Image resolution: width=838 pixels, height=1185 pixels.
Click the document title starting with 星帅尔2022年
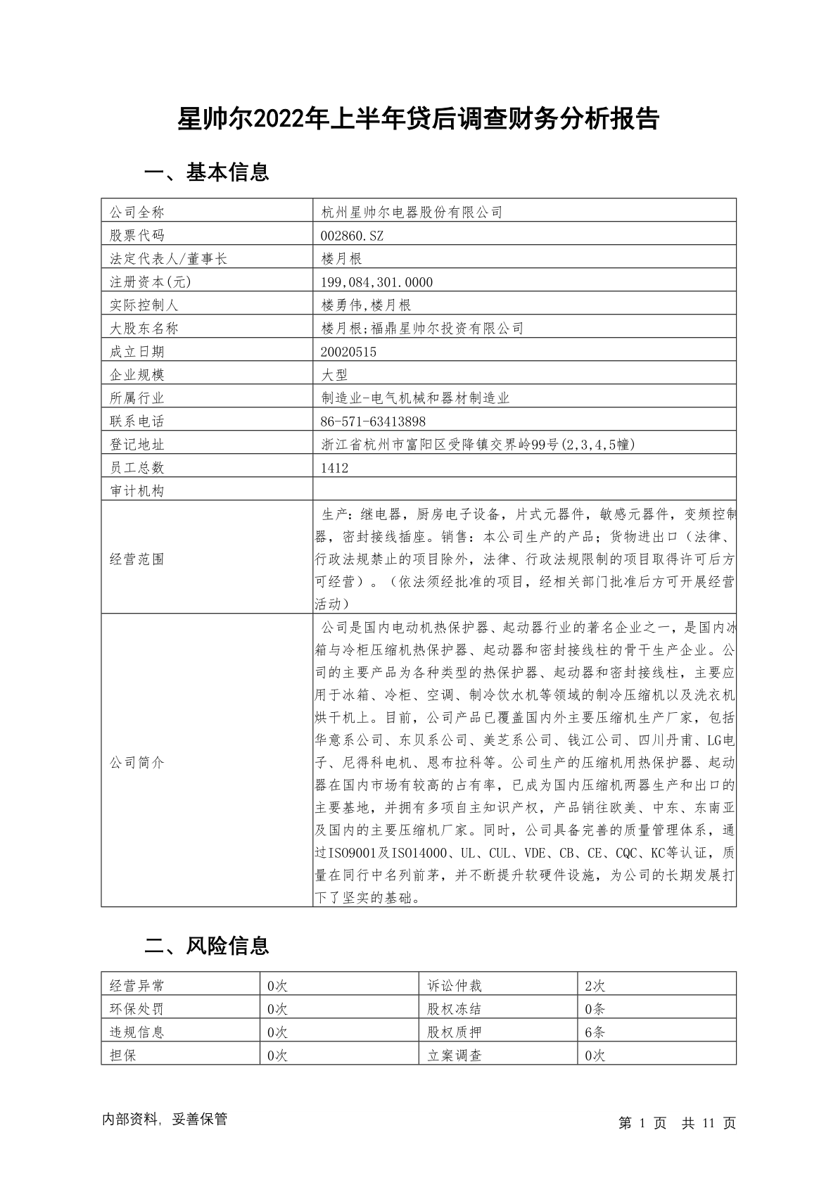click(x=418, y=120)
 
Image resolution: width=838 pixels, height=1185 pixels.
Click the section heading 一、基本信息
click(x=206, y=172)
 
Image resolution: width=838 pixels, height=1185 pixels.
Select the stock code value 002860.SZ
click(x=352, y=236)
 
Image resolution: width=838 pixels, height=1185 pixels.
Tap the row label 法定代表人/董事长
click(x=169, y=259)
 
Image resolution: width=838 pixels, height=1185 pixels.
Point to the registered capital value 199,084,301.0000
click(x=376, y=282)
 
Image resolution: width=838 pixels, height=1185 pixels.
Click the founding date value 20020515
click(x=348, y=352)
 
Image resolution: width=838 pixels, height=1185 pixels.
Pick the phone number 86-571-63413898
click(x=373, y=422)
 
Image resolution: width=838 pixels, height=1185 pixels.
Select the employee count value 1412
click(x=334, y=468)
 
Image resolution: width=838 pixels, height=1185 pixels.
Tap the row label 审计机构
click(x=137, y=491)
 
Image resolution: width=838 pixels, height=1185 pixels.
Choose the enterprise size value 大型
click(x=334, y=375)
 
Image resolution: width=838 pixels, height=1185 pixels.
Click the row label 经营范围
click(x=137, y=559)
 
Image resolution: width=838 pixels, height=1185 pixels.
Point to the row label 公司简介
click(x=137, y=763)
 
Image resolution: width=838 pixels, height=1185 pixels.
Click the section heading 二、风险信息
click(x=206, y=946)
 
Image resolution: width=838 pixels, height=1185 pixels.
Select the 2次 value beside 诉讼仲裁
click(x=595, y=986)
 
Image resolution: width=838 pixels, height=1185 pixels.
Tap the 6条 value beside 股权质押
click(x=595, y=1032)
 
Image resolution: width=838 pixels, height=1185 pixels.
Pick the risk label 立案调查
click(x=454, y=1056)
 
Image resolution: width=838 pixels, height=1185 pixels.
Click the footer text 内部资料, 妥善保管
click(x=165, y=1120)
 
